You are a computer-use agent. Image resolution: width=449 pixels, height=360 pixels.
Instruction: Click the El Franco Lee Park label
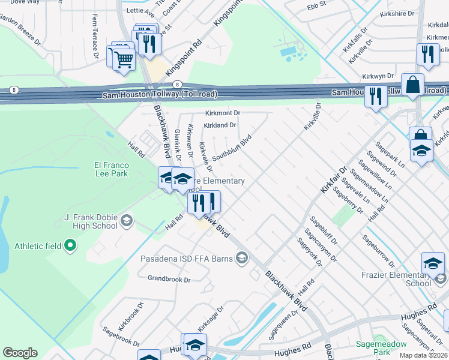(111, 169)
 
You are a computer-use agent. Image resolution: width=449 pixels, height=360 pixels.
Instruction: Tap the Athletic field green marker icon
(70, 245)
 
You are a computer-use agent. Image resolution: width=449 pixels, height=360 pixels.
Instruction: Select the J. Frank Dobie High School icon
(126, 221)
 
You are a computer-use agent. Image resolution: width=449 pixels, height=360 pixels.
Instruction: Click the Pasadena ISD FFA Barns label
(185, 259)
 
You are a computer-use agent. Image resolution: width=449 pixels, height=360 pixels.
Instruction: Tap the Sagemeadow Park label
(381, 348)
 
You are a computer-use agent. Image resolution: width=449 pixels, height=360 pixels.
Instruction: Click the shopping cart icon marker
(124, 59)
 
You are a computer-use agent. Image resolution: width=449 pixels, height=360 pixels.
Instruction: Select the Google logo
(20, 352)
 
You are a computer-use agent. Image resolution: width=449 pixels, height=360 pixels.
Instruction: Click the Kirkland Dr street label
(220, 125)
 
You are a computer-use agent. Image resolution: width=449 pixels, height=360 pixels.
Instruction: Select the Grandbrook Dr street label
(169, 280)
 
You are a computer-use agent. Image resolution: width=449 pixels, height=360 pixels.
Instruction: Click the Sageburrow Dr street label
(378, 251)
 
